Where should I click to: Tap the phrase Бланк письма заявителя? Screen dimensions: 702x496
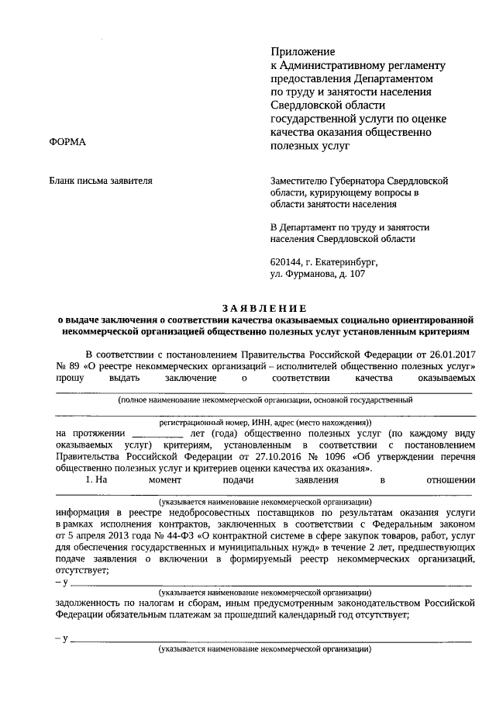tap(101, 181)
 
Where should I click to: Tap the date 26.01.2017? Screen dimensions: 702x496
tap(449, 353)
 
